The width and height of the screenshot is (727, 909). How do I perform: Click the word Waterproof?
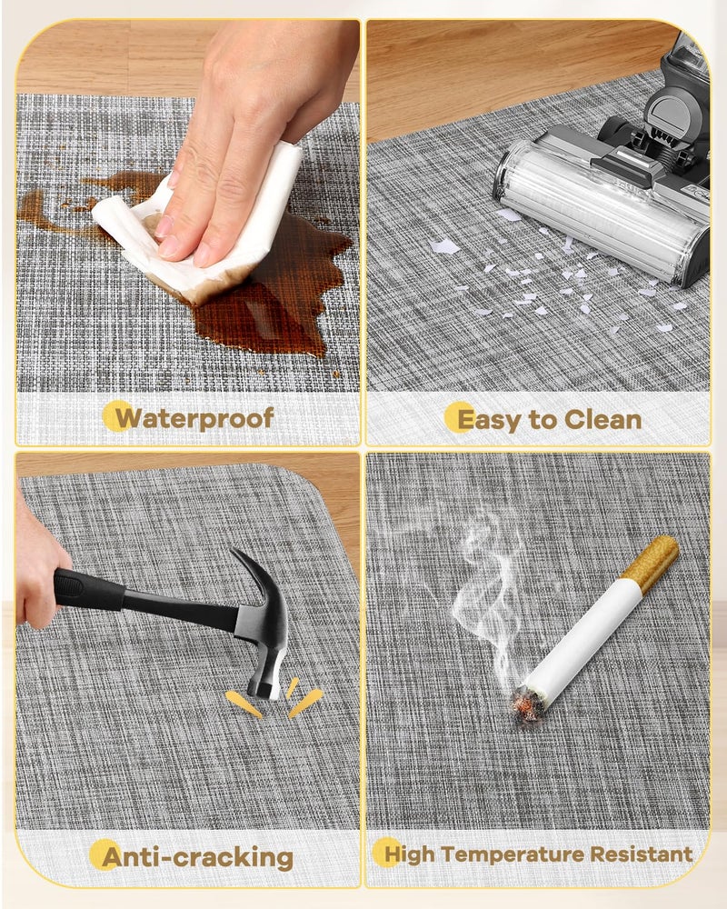pos(194,418)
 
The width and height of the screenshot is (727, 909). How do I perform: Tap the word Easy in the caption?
pos(489,420)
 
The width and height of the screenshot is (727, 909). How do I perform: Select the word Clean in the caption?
pos(603,419)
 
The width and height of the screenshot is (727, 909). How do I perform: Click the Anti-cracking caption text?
pos(197,857)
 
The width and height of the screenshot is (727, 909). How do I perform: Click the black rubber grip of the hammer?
pos(87,588)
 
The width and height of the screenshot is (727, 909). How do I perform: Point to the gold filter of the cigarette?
pos(651,564)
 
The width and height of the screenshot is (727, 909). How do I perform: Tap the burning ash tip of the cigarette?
pos(528,703)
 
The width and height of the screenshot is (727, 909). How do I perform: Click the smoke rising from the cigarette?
pos(487,597)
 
